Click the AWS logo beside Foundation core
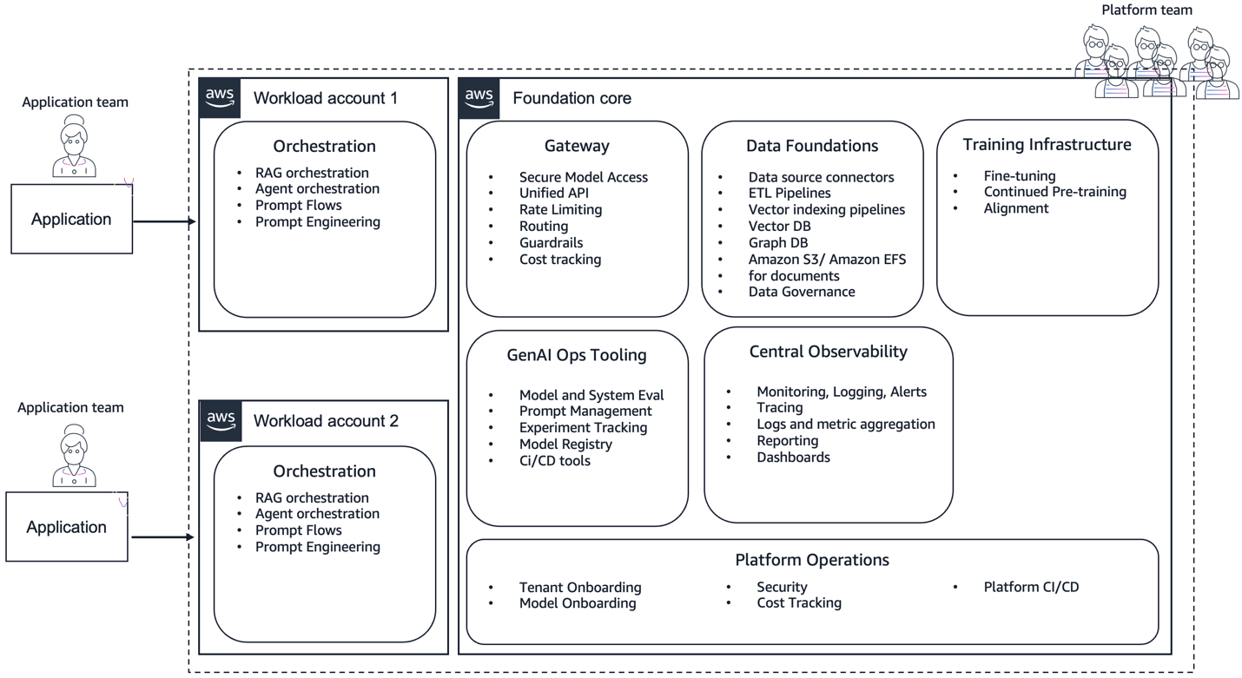479,98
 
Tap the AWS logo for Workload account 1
221,98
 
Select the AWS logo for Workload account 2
221,421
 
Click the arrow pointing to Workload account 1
165,221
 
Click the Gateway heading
577,146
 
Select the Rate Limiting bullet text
560,209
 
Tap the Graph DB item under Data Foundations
778,242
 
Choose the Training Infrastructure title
1047,145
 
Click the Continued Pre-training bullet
1054,192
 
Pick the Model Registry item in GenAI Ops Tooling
565,444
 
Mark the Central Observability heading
828,352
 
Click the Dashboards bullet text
793,457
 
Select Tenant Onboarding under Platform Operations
580,587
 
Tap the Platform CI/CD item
1031,587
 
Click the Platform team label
1146,10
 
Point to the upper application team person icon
74,148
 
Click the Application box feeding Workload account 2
67,527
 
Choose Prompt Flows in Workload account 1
298,206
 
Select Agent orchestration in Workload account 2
317,514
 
